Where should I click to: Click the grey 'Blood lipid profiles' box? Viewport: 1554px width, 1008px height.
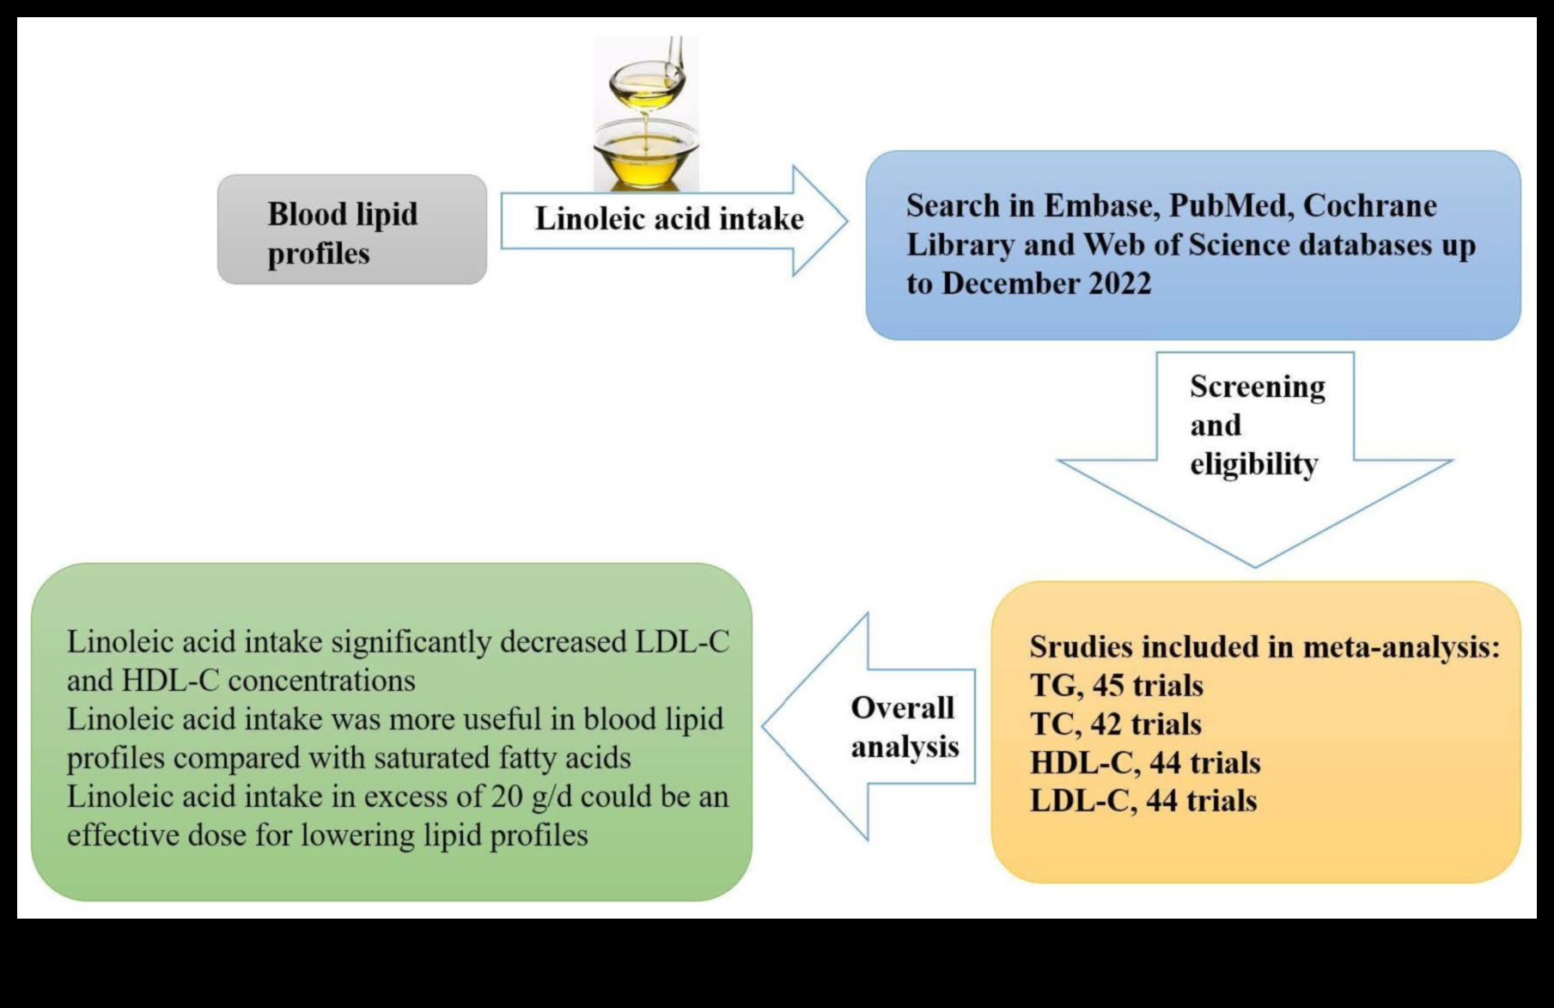click(x=351, y=230)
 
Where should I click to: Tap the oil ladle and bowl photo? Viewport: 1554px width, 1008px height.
click(x=646, y=113)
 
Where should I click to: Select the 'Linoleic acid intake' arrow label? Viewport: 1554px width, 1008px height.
click(x=669, y=219)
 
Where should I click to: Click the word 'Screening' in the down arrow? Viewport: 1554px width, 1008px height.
click(x=1257, y=388)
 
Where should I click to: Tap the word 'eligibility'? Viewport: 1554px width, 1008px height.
click(x=1253, y=465)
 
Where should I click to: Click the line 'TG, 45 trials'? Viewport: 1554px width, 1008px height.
click(x=1116, y=686)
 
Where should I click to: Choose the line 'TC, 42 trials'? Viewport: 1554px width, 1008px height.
click(x=1115, y=724)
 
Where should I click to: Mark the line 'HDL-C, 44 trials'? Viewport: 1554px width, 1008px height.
click(x=1145, y=763)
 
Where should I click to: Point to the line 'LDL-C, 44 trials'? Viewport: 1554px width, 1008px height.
click(x=1143, y=801)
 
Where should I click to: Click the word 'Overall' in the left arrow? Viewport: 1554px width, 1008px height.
click(x=902, y=708)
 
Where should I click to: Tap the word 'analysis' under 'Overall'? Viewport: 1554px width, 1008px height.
click(x=905, y=747)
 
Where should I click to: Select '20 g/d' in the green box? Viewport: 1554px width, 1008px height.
click(x=531, y=797)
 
